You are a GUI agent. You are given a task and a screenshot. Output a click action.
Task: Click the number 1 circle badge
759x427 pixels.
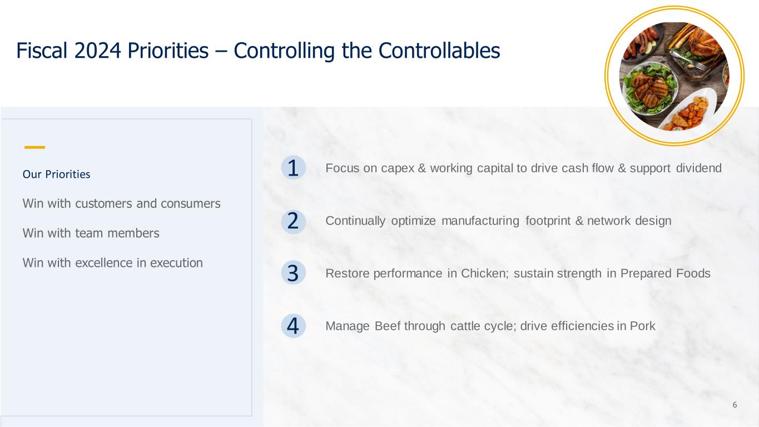point(294,167)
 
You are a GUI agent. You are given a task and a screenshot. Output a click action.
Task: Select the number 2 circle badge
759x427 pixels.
point(294,222)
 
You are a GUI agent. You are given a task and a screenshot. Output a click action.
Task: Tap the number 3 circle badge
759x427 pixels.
point(294,272)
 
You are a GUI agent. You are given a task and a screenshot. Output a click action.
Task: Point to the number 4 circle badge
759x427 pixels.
point(294,326)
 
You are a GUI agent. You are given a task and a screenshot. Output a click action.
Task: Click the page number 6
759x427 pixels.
point(735,405)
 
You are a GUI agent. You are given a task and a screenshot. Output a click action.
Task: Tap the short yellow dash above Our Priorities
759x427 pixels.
point(34,147)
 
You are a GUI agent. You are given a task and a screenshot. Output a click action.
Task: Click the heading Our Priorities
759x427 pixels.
point(56,174)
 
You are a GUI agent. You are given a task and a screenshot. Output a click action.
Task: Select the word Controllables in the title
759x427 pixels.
point(439,51)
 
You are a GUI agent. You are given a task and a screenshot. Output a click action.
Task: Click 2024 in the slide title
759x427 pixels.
point(98,51)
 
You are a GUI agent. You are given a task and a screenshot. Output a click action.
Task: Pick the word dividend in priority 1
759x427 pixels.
point(699,168)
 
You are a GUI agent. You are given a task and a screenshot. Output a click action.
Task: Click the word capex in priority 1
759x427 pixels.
point(398,168)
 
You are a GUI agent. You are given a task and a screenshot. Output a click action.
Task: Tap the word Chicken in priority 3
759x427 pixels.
point(485,273)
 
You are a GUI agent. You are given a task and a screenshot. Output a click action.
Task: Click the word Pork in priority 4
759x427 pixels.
point(642,326)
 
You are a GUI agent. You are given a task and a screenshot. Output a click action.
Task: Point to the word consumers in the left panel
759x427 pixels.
point(190,203)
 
